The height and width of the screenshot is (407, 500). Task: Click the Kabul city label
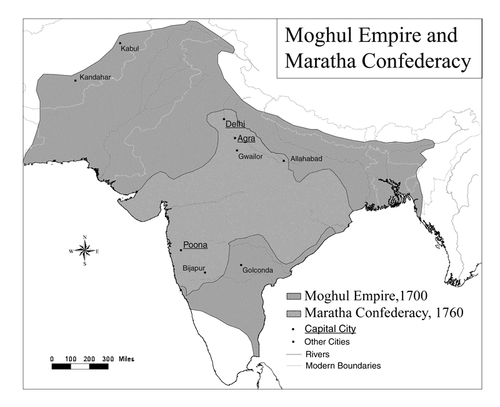click(x=129, y=48)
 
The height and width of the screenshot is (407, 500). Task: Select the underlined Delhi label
click(x=235, y=123)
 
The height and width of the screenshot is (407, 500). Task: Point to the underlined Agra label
click(x=246, y=139)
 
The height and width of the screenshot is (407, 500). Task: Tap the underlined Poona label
click(x=195, y=245)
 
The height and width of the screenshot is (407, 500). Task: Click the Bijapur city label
click(x=193, y=268)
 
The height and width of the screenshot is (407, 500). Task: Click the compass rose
click(x=84, y=251)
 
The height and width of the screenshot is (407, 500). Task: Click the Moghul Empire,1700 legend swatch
click(x=292, y=296)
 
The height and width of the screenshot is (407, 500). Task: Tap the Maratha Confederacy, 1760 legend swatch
click(x=292, y=312)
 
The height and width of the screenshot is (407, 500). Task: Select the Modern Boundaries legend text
click(x=342, y=366)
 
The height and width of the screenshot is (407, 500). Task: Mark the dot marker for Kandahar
click(x=76, y=80)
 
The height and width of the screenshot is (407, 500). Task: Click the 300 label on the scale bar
click(x=108, y=359)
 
